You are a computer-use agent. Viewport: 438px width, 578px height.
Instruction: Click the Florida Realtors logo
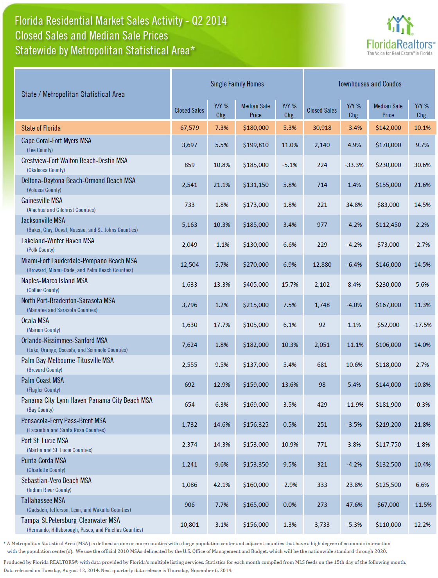coord(400,35)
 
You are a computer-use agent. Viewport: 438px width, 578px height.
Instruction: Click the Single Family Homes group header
coord(237,84)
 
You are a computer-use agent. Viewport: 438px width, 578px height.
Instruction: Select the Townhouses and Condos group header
coord(369,84)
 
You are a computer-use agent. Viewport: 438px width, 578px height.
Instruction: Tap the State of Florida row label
coord(41,128)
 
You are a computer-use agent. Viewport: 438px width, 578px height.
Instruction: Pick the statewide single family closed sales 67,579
coord(190,128)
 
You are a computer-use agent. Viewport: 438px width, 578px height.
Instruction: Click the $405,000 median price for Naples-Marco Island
coord(256,284)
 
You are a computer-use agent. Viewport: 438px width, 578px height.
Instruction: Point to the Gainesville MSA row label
coord(42,200)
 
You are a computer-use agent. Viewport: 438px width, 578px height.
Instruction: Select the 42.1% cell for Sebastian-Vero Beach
coord(222,485)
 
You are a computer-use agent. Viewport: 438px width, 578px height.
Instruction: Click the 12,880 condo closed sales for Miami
coord(322,264)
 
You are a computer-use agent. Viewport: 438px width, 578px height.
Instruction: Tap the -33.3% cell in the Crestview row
coord(354,165)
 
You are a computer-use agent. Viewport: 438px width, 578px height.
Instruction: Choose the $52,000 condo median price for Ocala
coord(388,325)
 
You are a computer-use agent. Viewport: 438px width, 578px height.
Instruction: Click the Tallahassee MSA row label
coord(43,500)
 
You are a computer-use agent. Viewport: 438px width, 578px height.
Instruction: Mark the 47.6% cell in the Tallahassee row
coord(354,504)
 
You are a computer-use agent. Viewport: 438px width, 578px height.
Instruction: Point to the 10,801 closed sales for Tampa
coord(190,524)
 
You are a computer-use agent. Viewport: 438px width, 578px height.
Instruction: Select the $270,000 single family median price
coord(256,264)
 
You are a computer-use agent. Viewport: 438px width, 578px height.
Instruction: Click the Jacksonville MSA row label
coord(43,221)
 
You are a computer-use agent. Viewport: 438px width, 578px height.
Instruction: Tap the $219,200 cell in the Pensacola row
coord(388,424)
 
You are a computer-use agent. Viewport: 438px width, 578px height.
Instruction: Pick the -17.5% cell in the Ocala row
coord(422,325)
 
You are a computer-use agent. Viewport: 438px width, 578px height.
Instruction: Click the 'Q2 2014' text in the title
coord(209,21)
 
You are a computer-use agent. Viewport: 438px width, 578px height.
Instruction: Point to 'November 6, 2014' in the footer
coord(211,570)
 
